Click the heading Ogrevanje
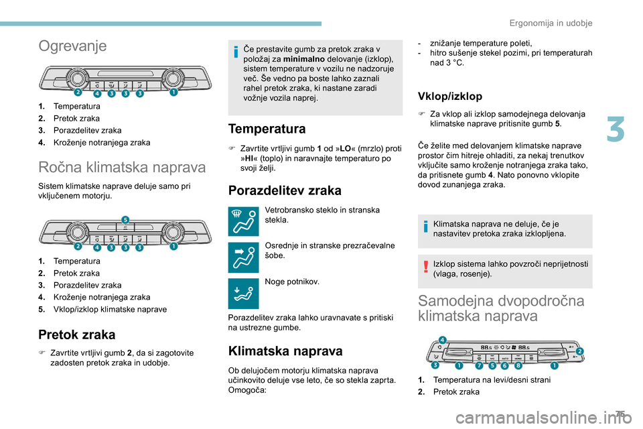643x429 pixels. (72, 46)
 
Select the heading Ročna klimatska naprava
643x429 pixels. (122, 168)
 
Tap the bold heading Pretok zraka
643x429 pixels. (76, 334)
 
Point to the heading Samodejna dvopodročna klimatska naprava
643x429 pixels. (500, 308)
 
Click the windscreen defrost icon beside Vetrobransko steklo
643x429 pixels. (242, 221)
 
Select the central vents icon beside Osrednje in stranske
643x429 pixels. (242, 255)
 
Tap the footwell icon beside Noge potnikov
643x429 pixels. (242, 293)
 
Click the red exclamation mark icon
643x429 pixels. (426, 268)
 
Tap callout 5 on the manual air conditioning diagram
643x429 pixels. (125, 219)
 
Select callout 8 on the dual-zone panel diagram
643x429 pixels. (518, 366)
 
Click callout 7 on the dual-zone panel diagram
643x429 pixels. (479, 366)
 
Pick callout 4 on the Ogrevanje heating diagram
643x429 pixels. (96, 95)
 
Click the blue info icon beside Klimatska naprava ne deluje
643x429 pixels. (426, 229)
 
